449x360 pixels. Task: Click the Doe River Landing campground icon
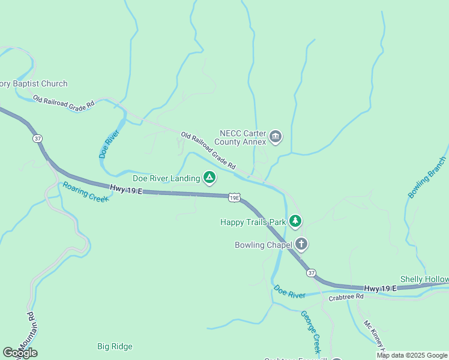[x=209, y=178]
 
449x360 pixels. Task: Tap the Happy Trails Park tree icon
[x=295, y=221]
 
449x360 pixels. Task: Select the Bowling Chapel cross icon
[x=301, y=244]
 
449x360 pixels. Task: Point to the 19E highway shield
[x=234, y=197]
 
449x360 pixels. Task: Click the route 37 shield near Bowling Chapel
[x=310, y=273]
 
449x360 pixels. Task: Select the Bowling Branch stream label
[x=427, y=178]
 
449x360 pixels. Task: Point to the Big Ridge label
[x=115, y=346]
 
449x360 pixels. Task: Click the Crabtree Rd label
[x=346, y=297]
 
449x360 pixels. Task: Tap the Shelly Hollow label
[x=424, y=280]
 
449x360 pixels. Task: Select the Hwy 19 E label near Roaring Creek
[x=126, y=190]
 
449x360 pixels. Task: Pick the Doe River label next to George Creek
[x=290, y=291]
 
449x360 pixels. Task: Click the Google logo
[x=20, y=353]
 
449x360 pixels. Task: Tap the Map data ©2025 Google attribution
[x=412, y=355]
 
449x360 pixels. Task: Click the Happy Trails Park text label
[x=253, y=222]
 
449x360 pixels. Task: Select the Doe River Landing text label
[x=166, y=178]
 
